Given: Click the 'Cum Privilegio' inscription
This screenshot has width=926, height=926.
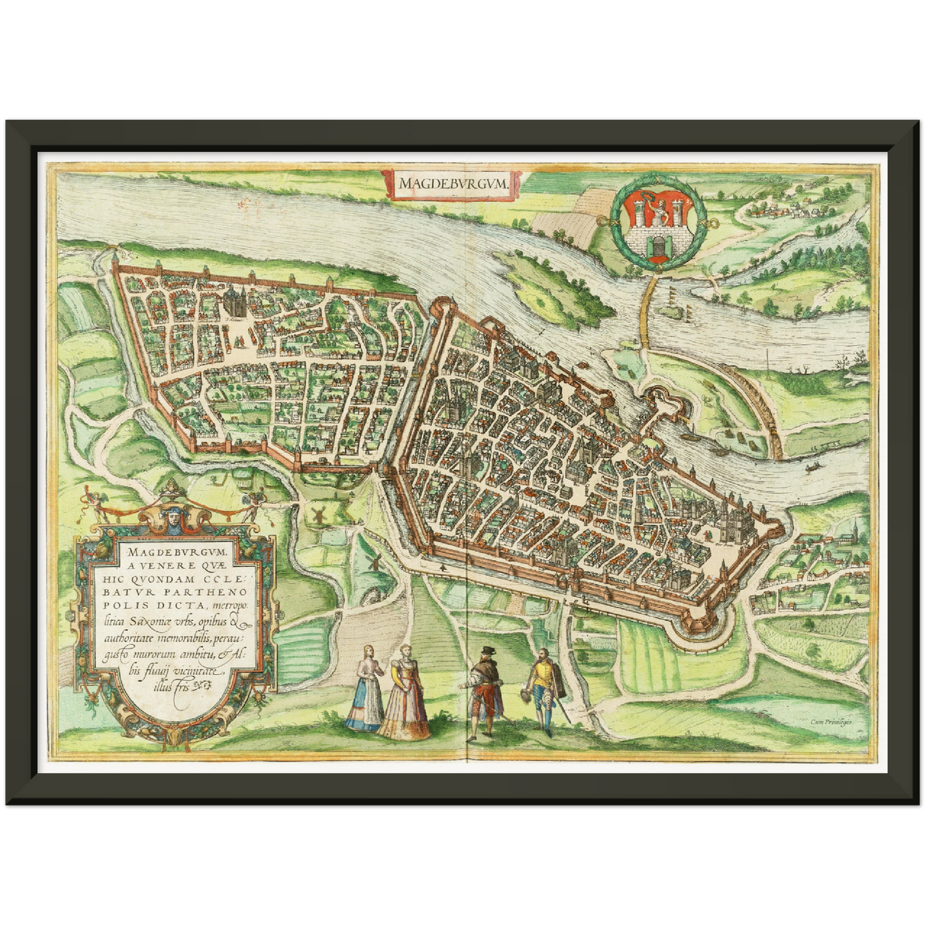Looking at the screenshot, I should pos(831,721).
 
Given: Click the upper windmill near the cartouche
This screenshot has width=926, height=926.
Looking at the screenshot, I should pos(318,513).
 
